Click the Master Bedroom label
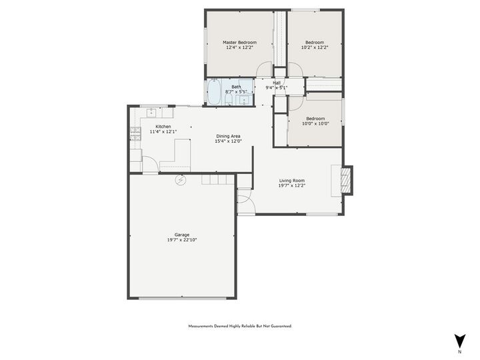click(x=239, y=42)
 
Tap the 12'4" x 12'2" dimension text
click(x=239, y=48)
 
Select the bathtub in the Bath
click(x=214, y=92)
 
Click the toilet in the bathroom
click(x=229, y=100)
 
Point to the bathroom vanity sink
click(x=244, y=100)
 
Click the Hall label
click(x=276, y=83)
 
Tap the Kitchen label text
click(x=163, y=126)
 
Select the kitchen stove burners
click(x=135, y=131)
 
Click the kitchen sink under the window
click(x=151, y=111)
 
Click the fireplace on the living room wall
click(x=345, y=179)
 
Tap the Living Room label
click(x=291, y=180)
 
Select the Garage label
click(x=181, y=234)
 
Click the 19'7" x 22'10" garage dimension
click(x=181, y=240)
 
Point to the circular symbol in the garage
click(x=180, y=180)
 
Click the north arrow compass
click(x=459, y=341)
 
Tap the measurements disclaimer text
click(x=240, y=326)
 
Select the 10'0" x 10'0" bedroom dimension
click(x=315, y=124)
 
